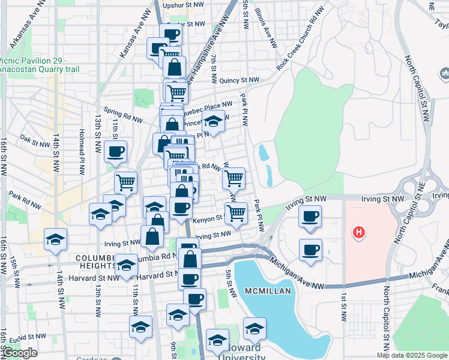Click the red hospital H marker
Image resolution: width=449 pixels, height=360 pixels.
click(359, 232)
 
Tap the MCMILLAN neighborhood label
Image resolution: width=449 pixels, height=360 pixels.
click(268, 291)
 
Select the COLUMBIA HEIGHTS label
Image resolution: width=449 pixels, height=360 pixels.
click(96, 262)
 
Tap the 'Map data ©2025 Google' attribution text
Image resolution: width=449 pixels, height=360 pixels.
click(412, 355)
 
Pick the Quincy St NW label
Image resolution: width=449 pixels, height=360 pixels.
click(239, 80)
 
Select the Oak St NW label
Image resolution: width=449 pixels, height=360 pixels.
click(34, 142)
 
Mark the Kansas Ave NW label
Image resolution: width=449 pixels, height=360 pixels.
click(133, 41)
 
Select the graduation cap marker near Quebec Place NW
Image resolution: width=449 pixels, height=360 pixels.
click(213, 122)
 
